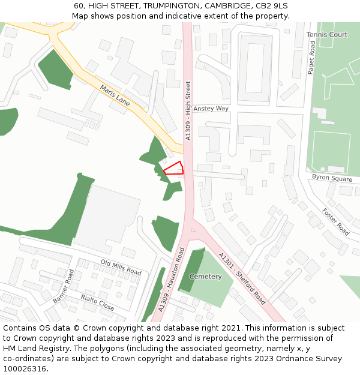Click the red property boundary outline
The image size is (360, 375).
173,168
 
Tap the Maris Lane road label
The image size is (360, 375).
115,95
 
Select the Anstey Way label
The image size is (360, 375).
211,109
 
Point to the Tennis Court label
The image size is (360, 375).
327,35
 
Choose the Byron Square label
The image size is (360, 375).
332,178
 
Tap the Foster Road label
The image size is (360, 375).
335,221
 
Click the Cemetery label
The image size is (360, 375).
205,277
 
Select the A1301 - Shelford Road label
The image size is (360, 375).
242,278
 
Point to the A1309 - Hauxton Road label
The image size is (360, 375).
170,280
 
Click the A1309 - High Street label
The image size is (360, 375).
188,111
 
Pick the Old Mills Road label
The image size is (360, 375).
121,268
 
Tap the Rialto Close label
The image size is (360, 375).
97,302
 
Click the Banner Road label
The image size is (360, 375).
63,286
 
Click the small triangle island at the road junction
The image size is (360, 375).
193,229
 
